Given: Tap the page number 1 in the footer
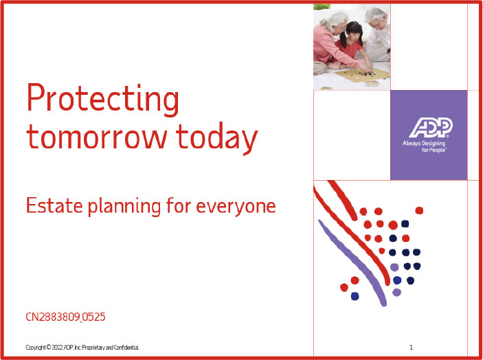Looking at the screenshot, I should point(411,348).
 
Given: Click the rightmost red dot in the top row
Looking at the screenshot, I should point(419,210).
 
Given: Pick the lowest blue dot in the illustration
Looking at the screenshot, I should point(355,296).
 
